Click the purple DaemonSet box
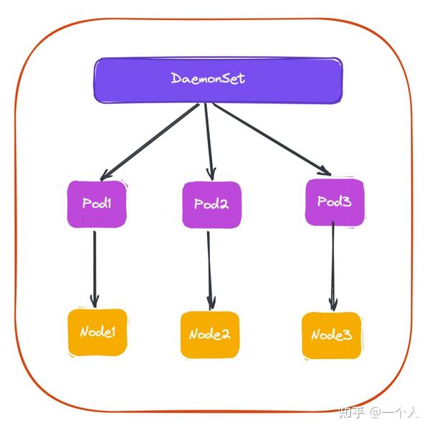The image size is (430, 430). (x=219, y=79)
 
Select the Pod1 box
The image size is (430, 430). (x=97, y=204)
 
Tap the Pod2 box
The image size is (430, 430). (x=211, y=204)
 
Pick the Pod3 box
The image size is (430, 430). (x=335, y=202)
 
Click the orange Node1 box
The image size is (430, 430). (x=97, y=333)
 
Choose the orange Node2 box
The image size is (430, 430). (x=210, y=335)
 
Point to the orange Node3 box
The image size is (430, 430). (x=331, y=335)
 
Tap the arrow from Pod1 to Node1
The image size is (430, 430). (x=95, y=265)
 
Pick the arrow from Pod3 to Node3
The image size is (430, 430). (x=333, y=265)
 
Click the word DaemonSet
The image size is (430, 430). (x=208, y=78)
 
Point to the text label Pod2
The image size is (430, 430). (x=211, y=204)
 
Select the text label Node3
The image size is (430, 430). (x=331, y=335)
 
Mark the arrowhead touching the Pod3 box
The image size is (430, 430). (x=324, y=170)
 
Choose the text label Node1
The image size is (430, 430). (x=97, y=333)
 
